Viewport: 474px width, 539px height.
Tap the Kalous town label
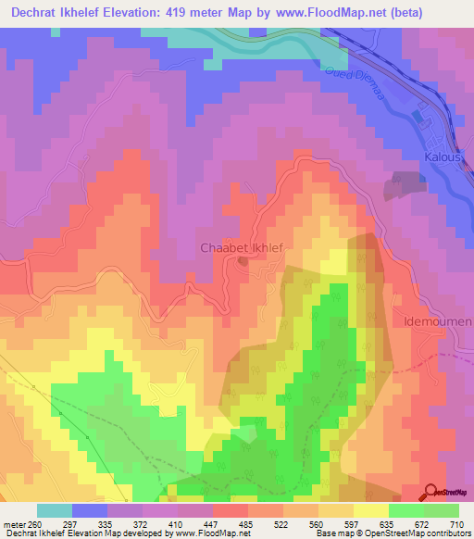pos(442,157)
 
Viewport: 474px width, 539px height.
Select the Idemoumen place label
pos(437,321)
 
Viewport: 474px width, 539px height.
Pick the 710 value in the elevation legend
pos(457,523)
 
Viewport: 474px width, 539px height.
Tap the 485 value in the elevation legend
pos(246,523)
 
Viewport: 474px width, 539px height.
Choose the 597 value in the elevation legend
pos(352,523)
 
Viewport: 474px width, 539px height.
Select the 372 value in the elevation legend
pos(141,523)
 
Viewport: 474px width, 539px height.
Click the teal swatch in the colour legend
pos(54,510)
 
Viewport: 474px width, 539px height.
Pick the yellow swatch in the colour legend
pos(370,510)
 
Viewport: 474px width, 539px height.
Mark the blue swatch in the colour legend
pos(89,510)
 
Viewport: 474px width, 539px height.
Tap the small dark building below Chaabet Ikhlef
pos(243,261)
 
